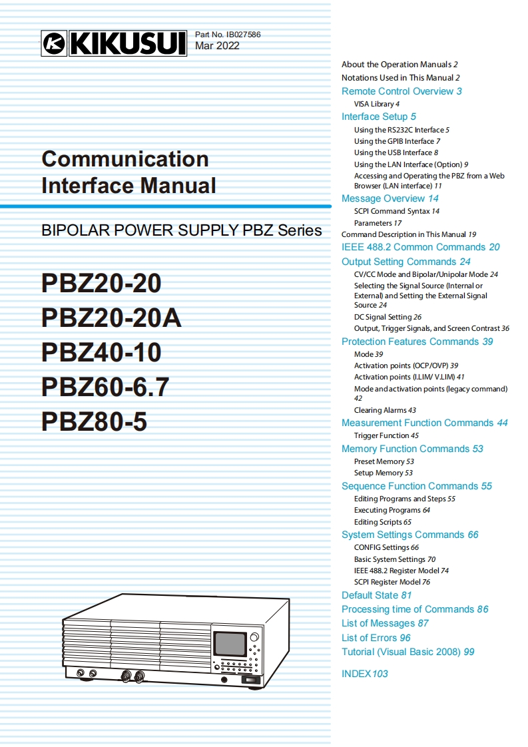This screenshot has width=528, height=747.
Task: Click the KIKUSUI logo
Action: [x=114, y=43]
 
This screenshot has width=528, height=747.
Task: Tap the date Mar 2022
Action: [x=217, y=46]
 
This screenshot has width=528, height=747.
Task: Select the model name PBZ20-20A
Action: [x=112, y=318]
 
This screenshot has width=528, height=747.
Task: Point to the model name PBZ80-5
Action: [x=94, y=422]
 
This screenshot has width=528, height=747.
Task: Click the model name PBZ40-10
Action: [x=101, y=352]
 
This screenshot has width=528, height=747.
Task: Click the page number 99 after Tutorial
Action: [x=469, y=652]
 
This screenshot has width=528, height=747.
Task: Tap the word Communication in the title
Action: [x=125, y=159]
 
